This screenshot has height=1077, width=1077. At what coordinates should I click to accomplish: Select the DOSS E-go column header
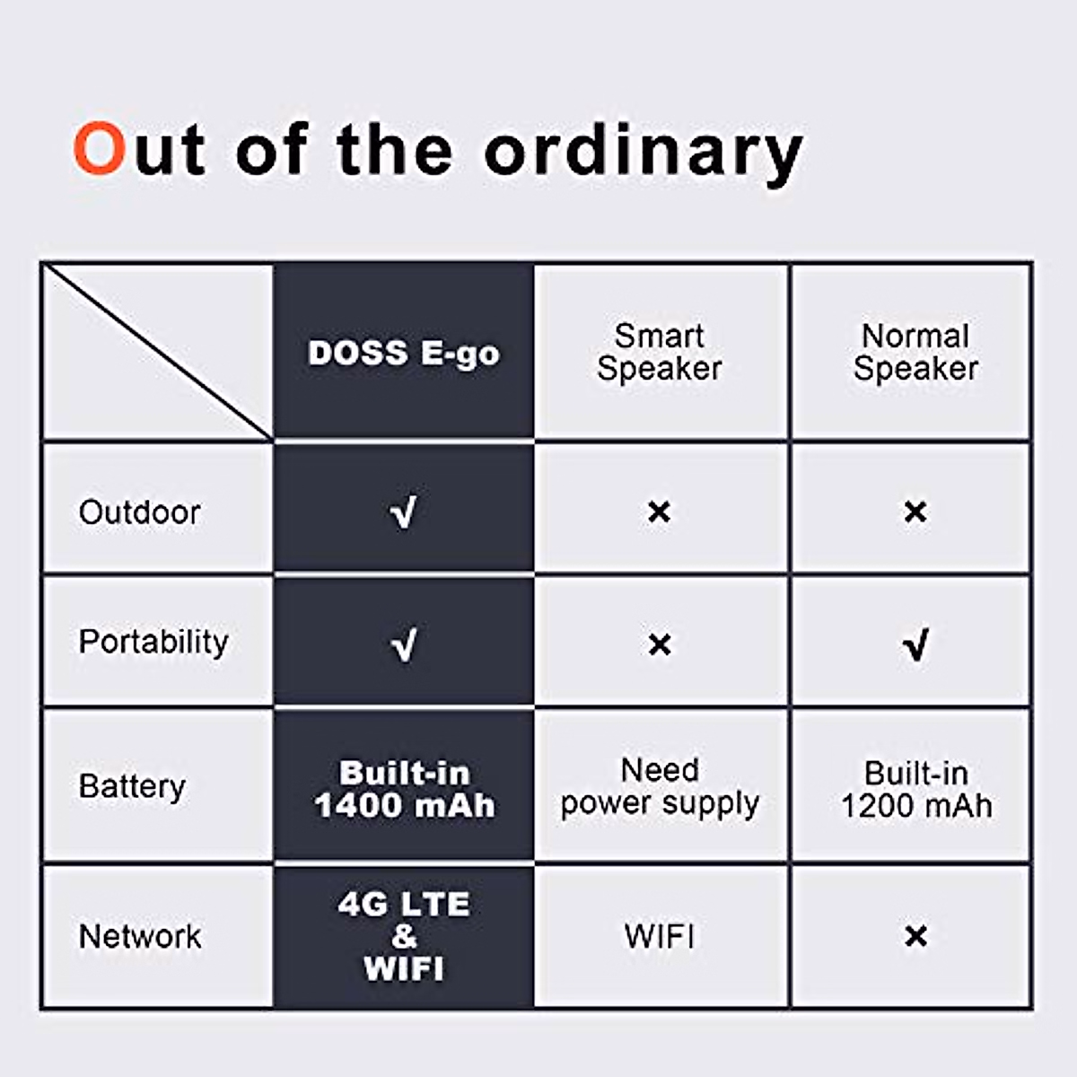coord(404,353)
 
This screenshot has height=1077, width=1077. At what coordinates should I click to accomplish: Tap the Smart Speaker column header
coord(660,352)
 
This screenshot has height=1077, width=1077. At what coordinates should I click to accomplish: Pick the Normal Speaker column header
coord(915,352)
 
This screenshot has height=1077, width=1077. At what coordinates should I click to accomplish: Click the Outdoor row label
coord(139,512)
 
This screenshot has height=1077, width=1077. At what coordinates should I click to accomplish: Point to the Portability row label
coord(153,642)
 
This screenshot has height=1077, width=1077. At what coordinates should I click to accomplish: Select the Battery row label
coord(132,786)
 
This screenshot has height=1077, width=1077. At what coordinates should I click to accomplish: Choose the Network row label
coord(140,936)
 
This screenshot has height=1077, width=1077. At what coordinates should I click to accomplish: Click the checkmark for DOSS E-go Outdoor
coord(404,512)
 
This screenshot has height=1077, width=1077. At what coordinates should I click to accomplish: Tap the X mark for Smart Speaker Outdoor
coord(660,512)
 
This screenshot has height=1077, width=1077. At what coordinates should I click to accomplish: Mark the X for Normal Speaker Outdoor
coord(915,512)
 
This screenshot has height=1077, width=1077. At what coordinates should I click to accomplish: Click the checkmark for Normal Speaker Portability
coord(915,644)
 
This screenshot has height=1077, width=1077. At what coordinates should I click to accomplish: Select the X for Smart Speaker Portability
coord(660,644)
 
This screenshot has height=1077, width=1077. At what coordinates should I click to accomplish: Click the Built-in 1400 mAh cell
coord(404,789)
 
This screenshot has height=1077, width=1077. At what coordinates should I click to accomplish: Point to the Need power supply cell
coord(660,786)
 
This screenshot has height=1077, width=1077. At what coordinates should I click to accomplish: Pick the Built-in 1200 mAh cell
coord(915,789)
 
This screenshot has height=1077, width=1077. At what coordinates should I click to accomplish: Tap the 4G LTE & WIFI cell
coord(404,936)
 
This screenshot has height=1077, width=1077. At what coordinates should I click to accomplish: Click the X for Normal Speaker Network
coord(915,936)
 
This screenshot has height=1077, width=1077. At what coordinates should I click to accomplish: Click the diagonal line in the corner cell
coord(158,352)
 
